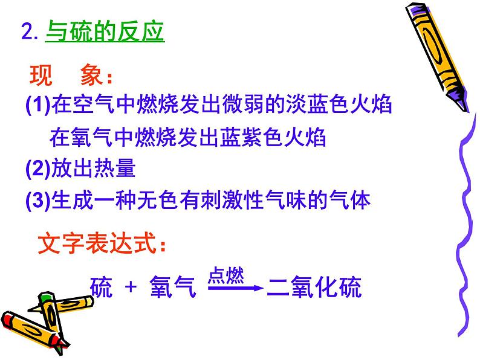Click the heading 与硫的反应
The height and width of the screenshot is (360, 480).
coord(105,31)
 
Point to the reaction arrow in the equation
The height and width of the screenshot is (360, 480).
coord(235,290)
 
